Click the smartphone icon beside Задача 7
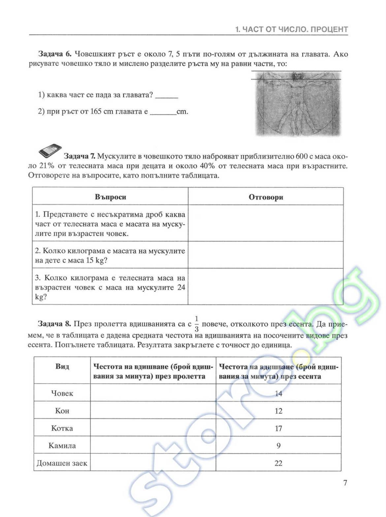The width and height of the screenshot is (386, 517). (x=49, y=151)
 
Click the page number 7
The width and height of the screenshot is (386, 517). (x=345, y=483)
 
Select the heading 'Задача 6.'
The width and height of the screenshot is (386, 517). (x=55, y=54)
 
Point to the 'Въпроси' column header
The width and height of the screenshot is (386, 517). (x=110, y=197)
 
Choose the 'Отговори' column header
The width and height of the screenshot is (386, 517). (x=266, y=197)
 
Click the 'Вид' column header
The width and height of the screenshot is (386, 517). (x=62, y=367)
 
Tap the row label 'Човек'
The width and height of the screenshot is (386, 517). (x=62, y=393)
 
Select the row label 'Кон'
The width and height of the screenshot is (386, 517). (x=62, y=411)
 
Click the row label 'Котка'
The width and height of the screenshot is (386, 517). (x=62, y=428)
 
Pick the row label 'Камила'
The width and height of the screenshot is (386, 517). (x=62, y=446)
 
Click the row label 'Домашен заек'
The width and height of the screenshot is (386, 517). (x=62, y=463)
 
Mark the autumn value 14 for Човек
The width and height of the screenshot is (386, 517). (x=278, y=393)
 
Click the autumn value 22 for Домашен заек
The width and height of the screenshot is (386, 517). (x=278, y=463)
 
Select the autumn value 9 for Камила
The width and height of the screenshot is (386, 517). (x=278, y=446)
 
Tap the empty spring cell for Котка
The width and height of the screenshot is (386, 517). (x=153, y=428)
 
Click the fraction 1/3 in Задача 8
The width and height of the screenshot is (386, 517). (x=197, y=324)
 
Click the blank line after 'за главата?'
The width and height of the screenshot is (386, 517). (x=167, y=96)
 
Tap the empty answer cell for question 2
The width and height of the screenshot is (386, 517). (x=266, y=255)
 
